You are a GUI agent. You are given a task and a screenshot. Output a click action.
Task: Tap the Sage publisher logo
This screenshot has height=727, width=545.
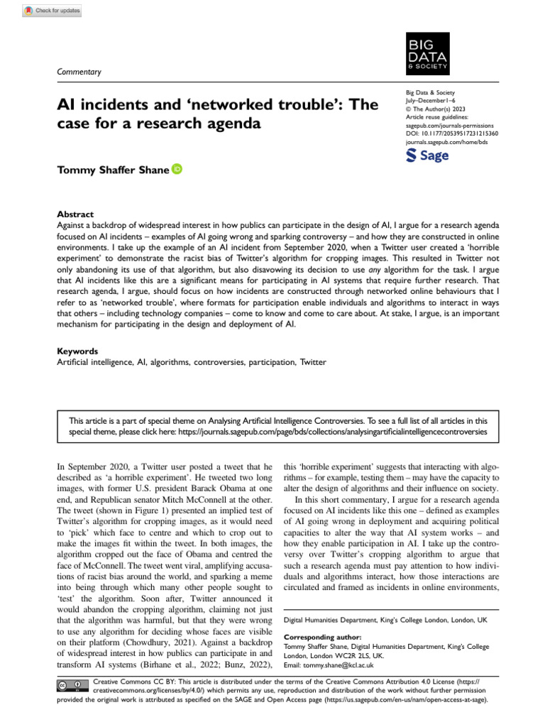(x=426, y=155)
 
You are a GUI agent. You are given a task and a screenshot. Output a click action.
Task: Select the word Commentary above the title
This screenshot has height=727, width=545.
(x=79, y=72)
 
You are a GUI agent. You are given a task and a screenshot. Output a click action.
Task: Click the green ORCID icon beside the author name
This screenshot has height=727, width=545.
(x=177, y=168)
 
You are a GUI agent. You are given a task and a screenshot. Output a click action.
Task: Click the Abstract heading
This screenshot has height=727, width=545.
(x=74, y=213)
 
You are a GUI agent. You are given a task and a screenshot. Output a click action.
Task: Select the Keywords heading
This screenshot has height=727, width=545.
(x=77, y=351)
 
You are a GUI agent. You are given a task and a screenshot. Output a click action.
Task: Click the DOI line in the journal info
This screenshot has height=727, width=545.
(x=451, y=133)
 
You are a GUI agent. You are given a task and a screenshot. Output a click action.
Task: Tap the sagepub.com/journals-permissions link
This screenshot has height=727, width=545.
(x=449, y=124)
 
